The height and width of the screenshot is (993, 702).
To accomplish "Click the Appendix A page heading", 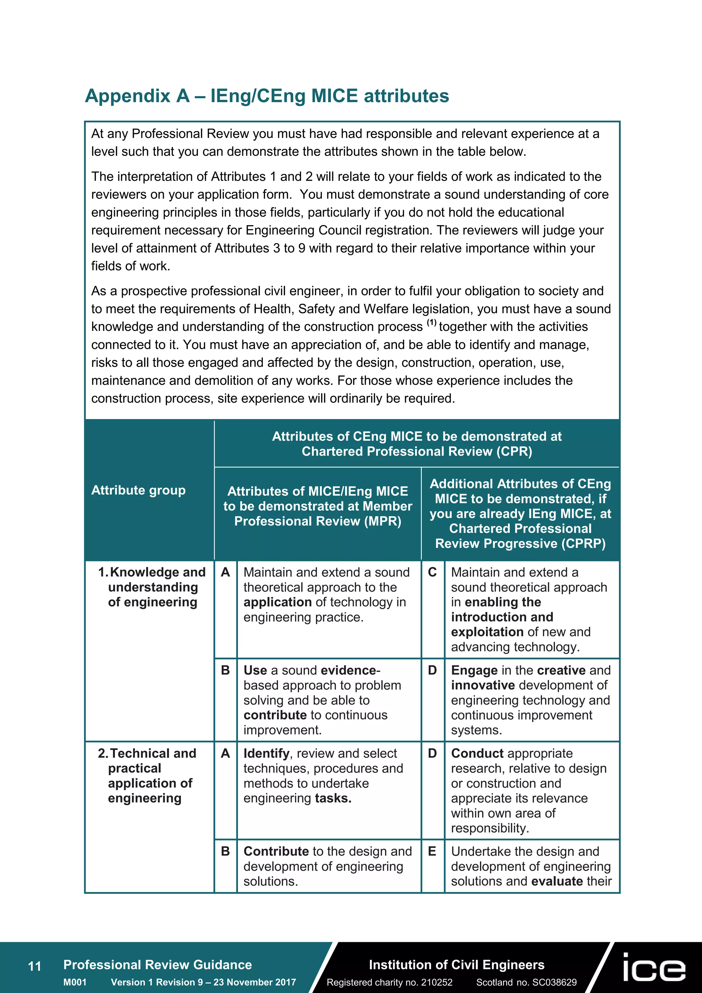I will [x=267, y=96].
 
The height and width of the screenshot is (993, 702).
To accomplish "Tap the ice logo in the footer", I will [x=654, y=967].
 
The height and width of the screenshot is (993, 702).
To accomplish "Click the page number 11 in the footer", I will [x=34, y=966].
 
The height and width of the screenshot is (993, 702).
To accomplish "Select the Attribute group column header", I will [x=138, y=490].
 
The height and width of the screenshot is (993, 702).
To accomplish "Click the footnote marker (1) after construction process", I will [x=432, y=322].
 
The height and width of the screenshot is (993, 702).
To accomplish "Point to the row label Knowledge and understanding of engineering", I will [x=153, y=587].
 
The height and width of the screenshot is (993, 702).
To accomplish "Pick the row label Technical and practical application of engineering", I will [x=147, y=776].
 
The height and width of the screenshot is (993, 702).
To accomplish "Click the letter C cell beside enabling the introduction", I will [x=432, y=572].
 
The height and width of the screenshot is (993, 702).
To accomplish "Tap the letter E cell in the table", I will [x=432, y=851].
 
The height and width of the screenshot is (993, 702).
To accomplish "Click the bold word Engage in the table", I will [x=474, y=670].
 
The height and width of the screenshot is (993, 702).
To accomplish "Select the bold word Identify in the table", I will [x=266, y=753].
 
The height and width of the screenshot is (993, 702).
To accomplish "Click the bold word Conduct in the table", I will [x=477, y=753].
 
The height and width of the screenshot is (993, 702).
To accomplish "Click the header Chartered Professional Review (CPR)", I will [x=417, y=444].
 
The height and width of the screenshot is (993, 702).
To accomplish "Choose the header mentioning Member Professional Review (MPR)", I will [x=318, y=506].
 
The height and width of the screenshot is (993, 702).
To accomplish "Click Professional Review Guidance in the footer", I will [x=157, y=965].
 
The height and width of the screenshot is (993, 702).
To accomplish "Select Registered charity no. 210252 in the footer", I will [x=389, y=982].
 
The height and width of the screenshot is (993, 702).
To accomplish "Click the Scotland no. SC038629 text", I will [x=526, y=982].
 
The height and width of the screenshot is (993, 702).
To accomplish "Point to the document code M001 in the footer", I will [x=75, y=982].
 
